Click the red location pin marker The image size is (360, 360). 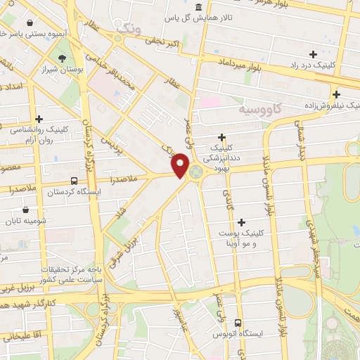click(180, 165)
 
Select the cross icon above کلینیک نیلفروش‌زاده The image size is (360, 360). click(336, 94)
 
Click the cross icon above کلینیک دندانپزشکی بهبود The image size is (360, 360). click(222, 137)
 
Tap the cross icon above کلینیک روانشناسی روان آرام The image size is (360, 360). click(39, 119)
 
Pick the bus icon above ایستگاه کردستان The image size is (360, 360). click(75, 180)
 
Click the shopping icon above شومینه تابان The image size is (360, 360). click(26, 209)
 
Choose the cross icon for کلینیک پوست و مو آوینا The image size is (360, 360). click(242, 222)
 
